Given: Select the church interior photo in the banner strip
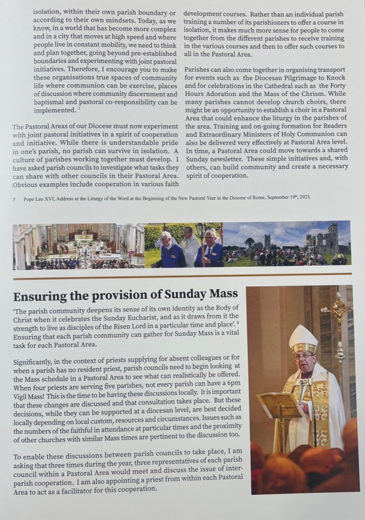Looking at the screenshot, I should point(78,246).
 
